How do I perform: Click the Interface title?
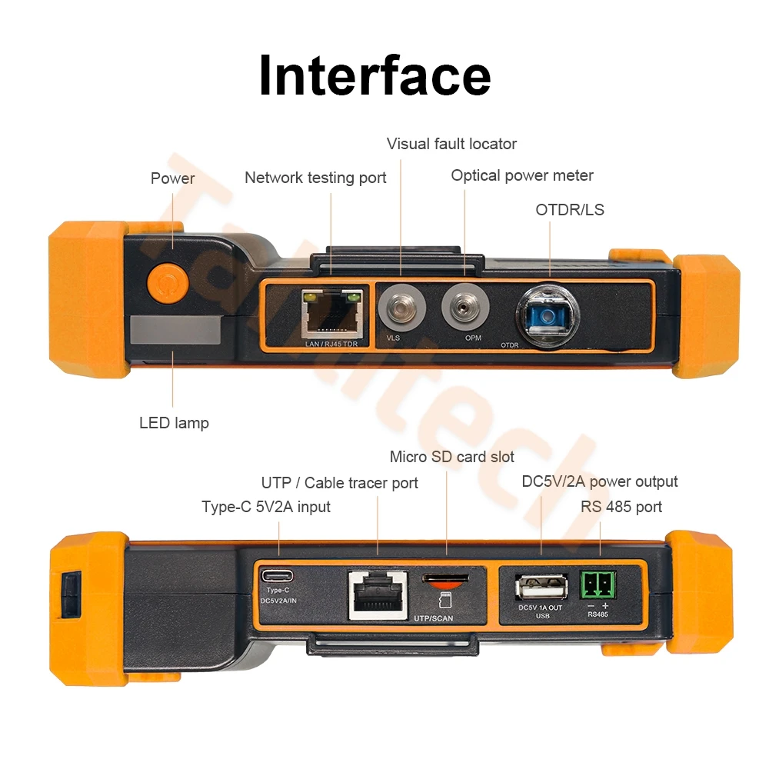point(375,75)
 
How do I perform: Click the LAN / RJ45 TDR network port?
point(332,314)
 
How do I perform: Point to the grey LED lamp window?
point(175,328)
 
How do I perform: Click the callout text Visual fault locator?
point(451,144)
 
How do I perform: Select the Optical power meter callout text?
point(522,175)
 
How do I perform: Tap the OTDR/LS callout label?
point(570,209)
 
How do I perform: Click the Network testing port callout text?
point(315,178)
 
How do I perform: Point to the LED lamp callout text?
point(174,423)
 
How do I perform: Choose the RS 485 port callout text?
point(621,507)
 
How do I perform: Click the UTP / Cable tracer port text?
point(339,483)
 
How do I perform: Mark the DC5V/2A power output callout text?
point(600,481)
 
